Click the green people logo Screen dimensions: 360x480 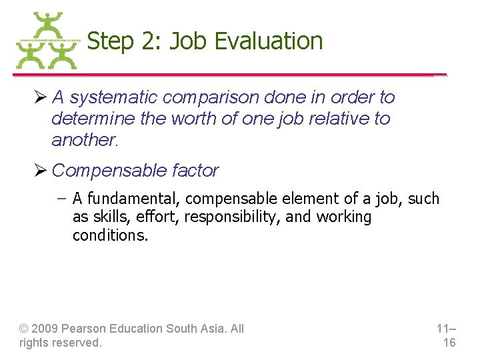pyautogui.click(x=47, y=41)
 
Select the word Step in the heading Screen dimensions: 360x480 pyautogui.click(x=110, y=41)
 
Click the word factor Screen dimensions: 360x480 pyautogui.click(x=195, y=171)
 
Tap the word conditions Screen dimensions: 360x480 pyautogui.click(x=110, y=235)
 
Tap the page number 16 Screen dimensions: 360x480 pyautogui.click(x=449, y=343)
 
